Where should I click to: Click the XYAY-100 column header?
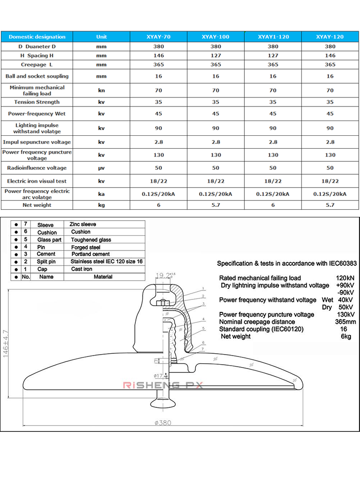click(x=216, y=36)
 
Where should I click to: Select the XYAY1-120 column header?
click(x=273, y=36)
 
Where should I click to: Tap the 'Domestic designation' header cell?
click(x=37, y=36)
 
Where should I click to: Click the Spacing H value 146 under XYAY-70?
click(x=158, y=56)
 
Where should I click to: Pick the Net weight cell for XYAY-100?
click(x=216, y=205)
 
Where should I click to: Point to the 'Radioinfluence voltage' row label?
click(x=37, y=168)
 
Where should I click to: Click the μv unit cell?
click(x=101, y=168)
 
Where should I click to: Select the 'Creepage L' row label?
click(x=37, y=65)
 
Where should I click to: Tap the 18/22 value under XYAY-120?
click(x=330, y=181)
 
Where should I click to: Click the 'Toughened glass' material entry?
click(x=91, y=239)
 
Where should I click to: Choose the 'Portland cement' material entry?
click(x=91, y=254)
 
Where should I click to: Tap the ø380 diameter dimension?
click(x=163, y=423)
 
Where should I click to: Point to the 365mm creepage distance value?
click(x=345, y=321)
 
